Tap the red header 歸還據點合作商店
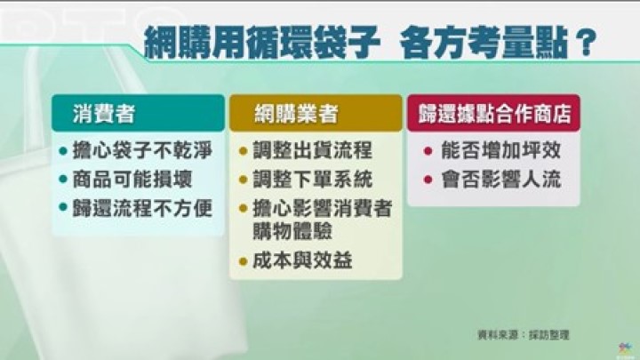(494, 114)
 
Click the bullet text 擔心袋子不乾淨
(142, 150)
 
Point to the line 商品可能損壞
(132, 180)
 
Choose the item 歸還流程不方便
(142, 208)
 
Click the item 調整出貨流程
(312, 150)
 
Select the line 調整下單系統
(312, 180)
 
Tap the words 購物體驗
(292, 230)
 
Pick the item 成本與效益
(302, 260)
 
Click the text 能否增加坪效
(500, 150)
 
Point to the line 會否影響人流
(500, 180)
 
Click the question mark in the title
(586, 41)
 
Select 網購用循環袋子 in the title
(262, 42)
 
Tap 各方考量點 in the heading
(484, 42)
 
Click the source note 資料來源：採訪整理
(524, 335)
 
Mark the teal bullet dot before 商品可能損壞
(63, 180)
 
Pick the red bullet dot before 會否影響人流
(428, 180)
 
